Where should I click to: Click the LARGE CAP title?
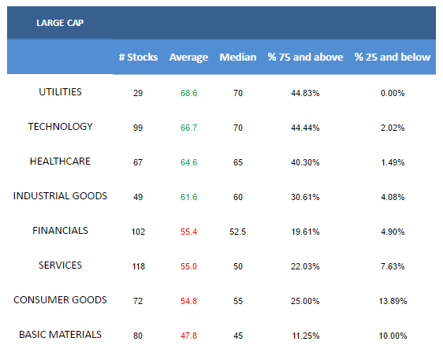pyautogui.click(x=60, y=23)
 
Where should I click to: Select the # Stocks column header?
pyautogui.click(x=138, y=57)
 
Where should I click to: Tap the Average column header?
pyautogui.click(x=188, y=58)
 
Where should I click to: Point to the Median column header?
pyautogui.click(x=238, y=57)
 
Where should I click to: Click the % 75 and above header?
pyautogui.click(x=305, y=57)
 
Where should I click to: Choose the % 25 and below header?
pyautogui.click(x=393, y=57)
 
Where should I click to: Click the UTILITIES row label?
pyautogui.click(x=60, y=92)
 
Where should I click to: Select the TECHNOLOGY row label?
pyautogui.click(x=60, y=127)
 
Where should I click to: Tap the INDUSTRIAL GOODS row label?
pyautogui.click(x=60, y=196)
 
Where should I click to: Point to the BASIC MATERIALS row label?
pyautogui.click(x=60, y=335)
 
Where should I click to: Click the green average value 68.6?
pyautogui.click(x=188, y=93)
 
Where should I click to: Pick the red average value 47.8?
pyautogui.click(x=188, y=336)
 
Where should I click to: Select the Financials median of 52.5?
pyautogui.click(x=238, y=232)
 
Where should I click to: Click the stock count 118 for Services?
pyautogui.click(x=139, y=266)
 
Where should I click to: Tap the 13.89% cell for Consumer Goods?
pyautogui.click(x=393, y=301)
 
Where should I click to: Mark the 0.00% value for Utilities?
pyautogui.click(x=393, y=93)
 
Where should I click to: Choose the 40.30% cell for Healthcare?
pyautogui.click(x=305, y=162)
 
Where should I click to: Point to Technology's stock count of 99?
pyautogui.click(x=138, y=128)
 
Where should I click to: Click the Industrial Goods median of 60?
pyautogui.click(x=238, y=197)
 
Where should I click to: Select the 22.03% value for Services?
pyautogui.click(x=305, y=266)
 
